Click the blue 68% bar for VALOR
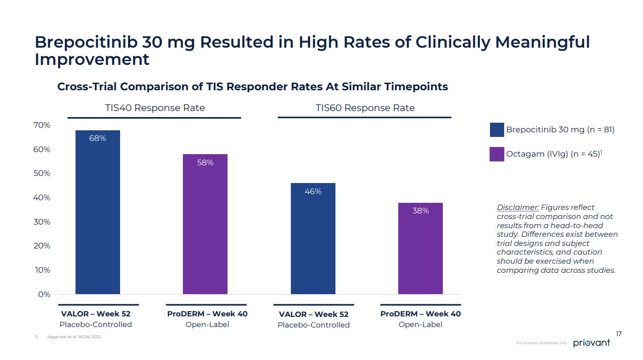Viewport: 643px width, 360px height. click(x=98, y=213)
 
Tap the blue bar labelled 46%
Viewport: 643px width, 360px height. click(x=313, y=238)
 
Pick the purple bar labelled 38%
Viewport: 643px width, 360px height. click(x=421, y=248)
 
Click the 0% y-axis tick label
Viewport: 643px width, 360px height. click(x=44, y=294)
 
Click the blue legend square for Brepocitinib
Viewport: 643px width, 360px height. click(x=497, y=130)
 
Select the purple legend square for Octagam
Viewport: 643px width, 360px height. click(x=497, y=154)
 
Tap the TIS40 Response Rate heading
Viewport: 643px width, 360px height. click(x=155, y=108)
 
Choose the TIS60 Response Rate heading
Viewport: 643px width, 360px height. click(x=365, y=108)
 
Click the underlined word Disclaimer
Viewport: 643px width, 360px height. click(x=518, y=207)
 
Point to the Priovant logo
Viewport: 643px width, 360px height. click(x=591, y=343)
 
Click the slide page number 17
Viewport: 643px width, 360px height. click(x=619, y=334)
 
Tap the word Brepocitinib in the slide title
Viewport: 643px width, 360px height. click(x=86, y=42)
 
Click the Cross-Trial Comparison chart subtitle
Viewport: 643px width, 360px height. click(x=252, y=87)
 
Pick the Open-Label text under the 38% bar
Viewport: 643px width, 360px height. click(x=420, y=325)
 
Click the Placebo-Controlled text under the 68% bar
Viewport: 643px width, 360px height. click(x=96, y=325)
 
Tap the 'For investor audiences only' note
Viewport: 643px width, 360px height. click(x=541, y=343)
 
